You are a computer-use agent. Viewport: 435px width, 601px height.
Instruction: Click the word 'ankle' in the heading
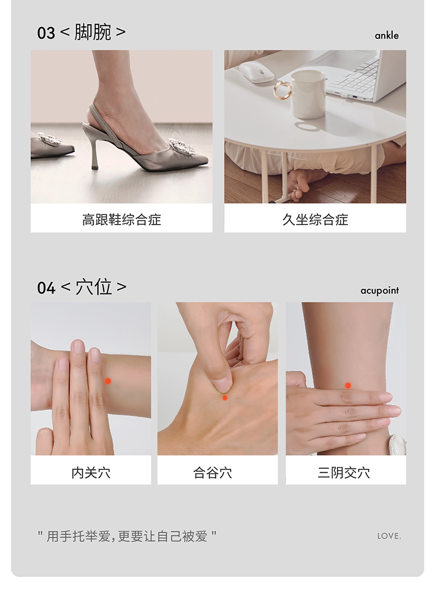coord(387,36)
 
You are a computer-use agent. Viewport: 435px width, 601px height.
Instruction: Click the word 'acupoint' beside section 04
coord(379,291)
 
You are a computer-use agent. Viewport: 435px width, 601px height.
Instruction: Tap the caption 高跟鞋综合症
coord(122,220)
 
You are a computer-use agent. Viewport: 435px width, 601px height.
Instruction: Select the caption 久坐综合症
coord(316,220)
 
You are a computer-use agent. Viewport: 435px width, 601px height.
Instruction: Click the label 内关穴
coord(91,473)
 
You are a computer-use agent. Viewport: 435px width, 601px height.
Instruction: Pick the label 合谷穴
coord(213,473)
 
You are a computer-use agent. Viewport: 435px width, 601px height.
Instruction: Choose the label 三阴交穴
coord(344,473)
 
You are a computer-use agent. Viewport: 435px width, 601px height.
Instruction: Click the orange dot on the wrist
coord(108,381)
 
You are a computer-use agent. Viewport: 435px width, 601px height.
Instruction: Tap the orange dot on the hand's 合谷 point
coord(225,398)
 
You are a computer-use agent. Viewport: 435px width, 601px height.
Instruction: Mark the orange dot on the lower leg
coord(348,386)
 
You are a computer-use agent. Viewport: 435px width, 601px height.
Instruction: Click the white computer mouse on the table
coord(257,72)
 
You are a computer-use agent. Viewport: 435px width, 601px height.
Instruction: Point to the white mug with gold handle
coord(305,94)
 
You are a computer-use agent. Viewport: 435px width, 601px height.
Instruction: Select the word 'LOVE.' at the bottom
coord(389,536)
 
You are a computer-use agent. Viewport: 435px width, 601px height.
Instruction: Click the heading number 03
coord(46,34)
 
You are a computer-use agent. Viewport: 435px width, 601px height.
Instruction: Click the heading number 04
coord(46,288)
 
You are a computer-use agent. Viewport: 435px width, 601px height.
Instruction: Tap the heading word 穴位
coord(94,287)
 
